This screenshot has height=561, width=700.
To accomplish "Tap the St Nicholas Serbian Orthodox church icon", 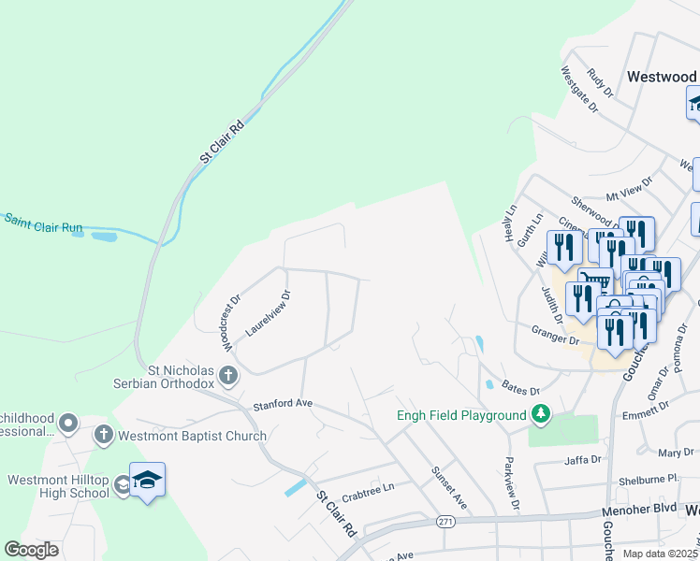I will tap(228, 376).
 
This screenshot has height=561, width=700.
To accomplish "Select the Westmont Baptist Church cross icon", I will tap(103, 435).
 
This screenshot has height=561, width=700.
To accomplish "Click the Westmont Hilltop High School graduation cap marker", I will tap(147, 481).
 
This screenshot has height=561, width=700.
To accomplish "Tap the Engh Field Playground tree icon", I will tap(540, 413).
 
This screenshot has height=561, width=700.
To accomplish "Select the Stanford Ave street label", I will tap(282, 406).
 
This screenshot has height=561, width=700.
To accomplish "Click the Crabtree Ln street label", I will tap(368, 487).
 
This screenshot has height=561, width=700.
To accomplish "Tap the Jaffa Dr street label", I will tap(581, 460).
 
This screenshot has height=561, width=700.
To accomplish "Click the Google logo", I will tap(32, 550).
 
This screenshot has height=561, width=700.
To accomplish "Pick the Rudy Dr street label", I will tap(599, 82).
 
